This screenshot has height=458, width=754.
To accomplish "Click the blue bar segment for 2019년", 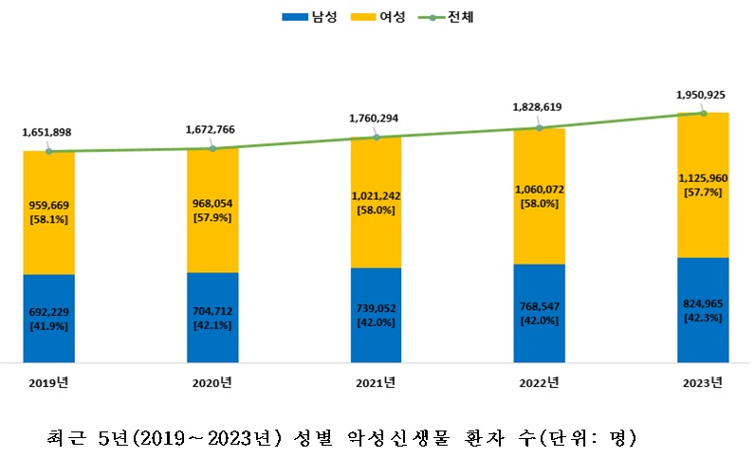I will [x=49, y=318].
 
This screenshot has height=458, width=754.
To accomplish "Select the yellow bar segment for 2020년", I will [x=212, y=210].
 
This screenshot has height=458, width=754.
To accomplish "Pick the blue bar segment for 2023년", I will [x=703, y=309].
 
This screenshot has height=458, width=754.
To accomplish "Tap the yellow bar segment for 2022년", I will [x=539, y=195].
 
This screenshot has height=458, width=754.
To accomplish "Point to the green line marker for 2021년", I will [x=376, y=137].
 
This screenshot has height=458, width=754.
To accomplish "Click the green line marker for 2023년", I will [x=703, y=113].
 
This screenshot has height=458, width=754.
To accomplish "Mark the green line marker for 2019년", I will [x=49, y=151].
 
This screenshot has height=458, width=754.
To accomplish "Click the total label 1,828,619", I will [x=539, y=108].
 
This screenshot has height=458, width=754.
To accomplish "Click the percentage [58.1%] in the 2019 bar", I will [x=49, y=220].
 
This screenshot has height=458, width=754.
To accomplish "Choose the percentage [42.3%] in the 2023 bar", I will [x=703, y=319].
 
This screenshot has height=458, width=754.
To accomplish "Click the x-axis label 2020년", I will [x=211, y=382].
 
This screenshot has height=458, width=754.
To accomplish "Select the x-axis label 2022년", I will [x=539, y=382].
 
